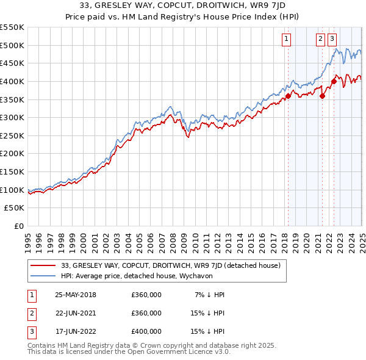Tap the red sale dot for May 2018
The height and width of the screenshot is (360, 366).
(x=288, y=95)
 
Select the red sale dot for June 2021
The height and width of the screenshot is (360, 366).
(x=322, y=95)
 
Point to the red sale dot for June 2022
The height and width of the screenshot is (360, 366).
(x=334, y=81)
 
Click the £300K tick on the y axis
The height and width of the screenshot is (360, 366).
(x=12, y=117)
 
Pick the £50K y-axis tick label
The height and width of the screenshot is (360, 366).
(x=15, y=208)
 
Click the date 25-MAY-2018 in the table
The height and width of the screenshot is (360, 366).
(x=76, y=295)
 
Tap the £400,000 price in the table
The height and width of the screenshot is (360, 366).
(x=146, y=332)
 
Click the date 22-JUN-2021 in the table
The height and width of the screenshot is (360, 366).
(x=76, y=313)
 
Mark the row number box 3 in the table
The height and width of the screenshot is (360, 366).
(x=31, y=332)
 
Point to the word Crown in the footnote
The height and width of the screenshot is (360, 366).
(x=164, y=346)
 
